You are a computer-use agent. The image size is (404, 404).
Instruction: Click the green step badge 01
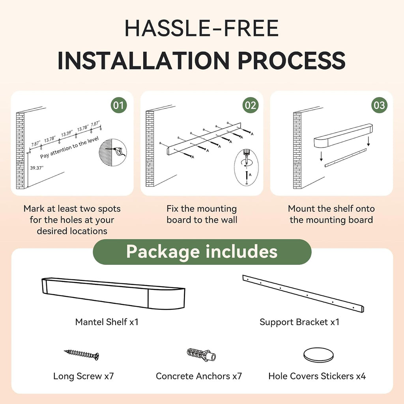pyautogui.click(x=118, y=105)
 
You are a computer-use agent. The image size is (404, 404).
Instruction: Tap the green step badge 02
pyautogui.click(x=251, y=105)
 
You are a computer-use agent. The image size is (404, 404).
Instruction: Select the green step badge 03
pyautogui.click(x=379, y=105)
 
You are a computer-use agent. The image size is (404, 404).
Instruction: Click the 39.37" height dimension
pyautogui.click(x=37, y=168)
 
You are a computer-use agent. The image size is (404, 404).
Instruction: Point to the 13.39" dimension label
pyautogui.click(x=67, y=133)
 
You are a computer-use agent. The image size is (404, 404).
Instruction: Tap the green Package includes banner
pyautogui.click(x=202, y=252)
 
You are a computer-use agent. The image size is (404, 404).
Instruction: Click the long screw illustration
pyautogui.click(x=81, y=354)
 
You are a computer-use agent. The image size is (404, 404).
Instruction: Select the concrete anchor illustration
pyautogui.click(x=202, y=355)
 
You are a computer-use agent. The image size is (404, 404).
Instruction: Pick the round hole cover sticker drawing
pyautogui.click(x=318, y=355)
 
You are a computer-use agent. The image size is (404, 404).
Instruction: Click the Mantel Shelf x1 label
pyautogui.click(x=107, y=322)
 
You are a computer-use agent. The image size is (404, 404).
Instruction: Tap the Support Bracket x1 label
pyautogui.click(x=299, y=322)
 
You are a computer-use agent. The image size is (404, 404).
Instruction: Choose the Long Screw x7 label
pyautogui.click(x=84, y=376)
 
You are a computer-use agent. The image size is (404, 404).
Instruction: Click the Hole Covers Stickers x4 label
pyautogui.click(x=317, y=376)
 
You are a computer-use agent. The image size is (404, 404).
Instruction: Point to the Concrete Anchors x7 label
pyautogui.click(x=199, y=376)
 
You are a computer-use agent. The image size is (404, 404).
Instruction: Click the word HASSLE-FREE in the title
pyautogui.click(x=202, y=28)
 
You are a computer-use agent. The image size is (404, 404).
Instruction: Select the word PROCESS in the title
pyautogui.click(x=292, y=60)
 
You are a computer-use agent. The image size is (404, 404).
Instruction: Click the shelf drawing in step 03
pyautogui.click(x=343, y=136)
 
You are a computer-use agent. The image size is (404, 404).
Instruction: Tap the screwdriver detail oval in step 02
pyautogui.click(x=246, y=167)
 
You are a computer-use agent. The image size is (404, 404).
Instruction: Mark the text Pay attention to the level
pyautogui.click(x=69, y=148)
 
